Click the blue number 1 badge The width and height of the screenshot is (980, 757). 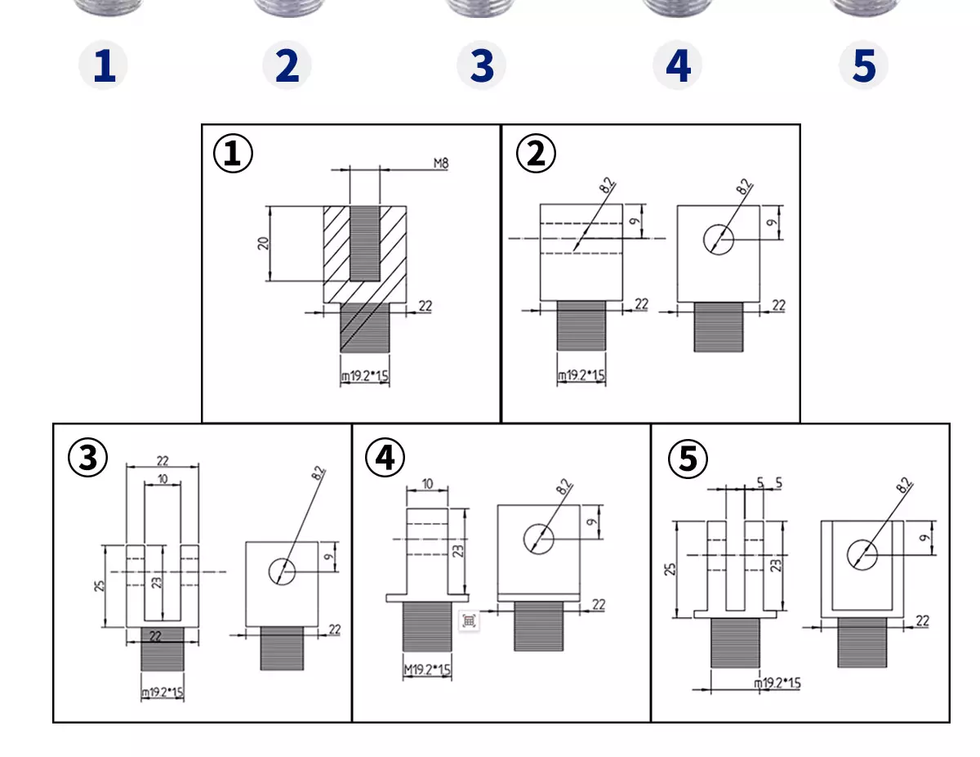point(103,65)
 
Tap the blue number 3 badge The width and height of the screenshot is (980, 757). point(481,65)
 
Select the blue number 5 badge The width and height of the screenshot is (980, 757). point(863,65)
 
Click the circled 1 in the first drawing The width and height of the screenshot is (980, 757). point(233,153)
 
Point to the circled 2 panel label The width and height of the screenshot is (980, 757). point(536,154)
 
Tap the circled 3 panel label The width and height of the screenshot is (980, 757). point(88,457)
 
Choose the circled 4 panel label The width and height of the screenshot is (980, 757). point(385,457)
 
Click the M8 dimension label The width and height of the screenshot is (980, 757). point(441,163)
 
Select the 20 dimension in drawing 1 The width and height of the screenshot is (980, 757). point(263,244)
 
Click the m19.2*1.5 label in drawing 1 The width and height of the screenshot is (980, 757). point(364,375)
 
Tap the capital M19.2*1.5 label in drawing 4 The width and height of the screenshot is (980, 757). point(427,669)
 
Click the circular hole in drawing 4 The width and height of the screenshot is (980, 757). point(538,539)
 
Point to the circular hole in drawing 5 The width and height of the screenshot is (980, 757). point(862,555)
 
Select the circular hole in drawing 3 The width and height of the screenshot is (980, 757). point(282,571)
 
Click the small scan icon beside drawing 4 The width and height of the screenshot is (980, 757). point(469,620)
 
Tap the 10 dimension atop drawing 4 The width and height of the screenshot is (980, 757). point(427,484)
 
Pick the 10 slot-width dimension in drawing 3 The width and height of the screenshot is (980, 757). point(163,478)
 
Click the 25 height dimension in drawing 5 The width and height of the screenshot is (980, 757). point(670,569)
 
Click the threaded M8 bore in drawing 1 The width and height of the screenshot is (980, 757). point(364,244)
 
